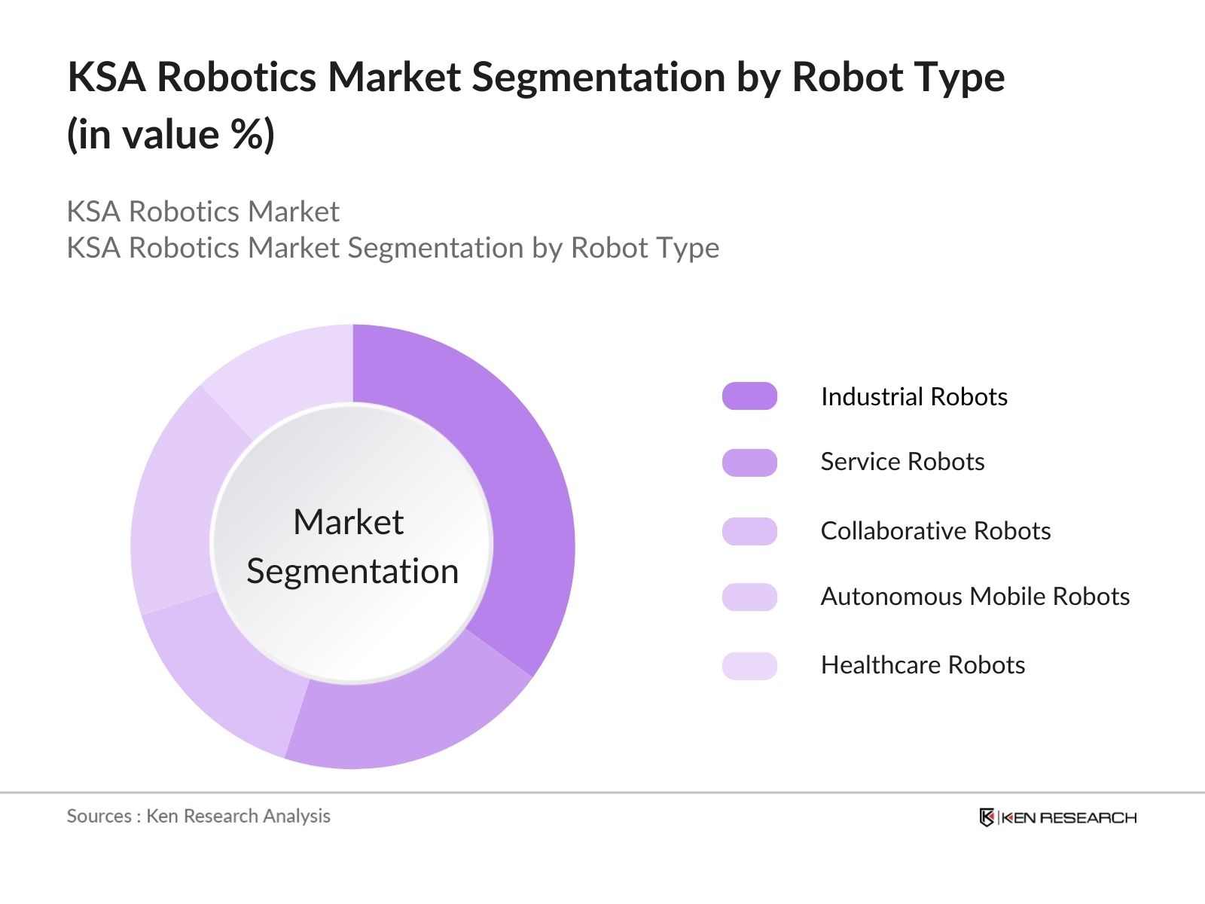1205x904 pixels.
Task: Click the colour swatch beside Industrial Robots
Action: (749, 396)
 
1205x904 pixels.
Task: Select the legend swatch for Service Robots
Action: (749, 463)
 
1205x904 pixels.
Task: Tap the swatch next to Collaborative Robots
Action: (749, 531)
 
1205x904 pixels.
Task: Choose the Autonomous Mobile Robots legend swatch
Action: (749, 597)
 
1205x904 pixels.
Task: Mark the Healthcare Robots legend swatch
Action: (749, 666)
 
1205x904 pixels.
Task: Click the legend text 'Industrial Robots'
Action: (914, 396)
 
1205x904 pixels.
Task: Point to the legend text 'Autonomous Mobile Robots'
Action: (975, 597)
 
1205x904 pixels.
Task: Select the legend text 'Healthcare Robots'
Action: (923, 665)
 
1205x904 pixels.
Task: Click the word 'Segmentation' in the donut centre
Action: (352, 571)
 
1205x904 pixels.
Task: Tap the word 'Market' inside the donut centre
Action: (348, 521)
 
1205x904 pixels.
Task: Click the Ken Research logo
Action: (1057, 817)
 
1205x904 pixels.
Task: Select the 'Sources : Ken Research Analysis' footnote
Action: (198, 816)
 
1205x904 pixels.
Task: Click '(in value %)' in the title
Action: (171, 135)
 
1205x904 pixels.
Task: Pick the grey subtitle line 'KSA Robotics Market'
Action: (203, 212)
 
